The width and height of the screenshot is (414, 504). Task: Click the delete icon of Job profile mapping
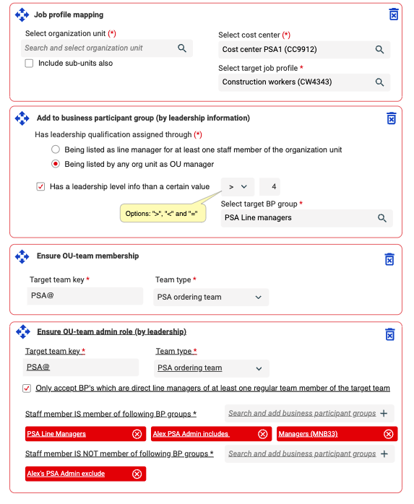tap(394, 14)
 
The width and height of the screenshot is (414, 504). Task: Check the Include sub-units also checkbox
tap(30, 64)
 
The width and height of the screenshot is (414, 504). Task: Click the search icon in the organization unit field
tap(182, 48)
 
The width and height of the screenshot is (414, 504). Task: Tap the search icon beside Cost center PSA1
tap(379, 50)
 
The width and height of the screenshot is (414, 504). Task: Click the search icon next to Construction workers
tap(379, 82)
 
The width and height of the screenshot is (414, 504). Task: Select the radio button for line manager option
tap(56, 149)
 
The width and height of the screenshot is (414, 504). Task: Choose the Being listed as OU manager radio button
tap(56, 164)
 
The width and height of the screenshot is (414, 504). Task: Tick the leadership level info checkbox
tap(40, 186)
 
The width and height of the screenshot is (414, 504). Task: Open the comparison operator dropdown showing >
tap(238, 187)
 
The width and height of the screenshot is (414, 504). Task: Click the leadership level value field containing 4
tap(270, 187)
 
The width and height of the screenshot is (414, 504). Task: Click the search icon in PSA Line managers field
tap(381, 218)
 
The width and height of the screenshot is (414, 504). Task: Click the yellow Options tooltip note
tap(163, 214)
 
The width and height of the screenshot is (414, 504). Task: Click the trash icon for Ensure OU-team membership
tap(389, 259)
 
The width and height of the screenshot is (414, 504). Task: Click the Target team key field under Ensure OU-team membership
tap(85, 296)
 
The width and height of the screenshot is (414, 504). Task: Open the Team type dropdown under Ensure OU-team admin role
tap(212, 368)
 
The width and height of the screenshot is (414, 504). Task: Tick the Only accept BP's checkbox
tap(27, 388)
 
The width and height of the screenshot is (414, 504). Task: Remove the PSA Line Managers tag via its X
tap(137, 434)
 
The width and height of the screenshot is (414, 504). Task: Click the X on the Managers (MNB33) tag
tap(389, 434)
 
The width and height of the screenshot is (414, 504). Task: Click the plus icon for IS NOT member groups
tap(384, 454)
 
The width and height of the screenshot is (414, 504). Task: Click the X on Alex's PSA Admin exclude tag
tap(137, 474)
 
